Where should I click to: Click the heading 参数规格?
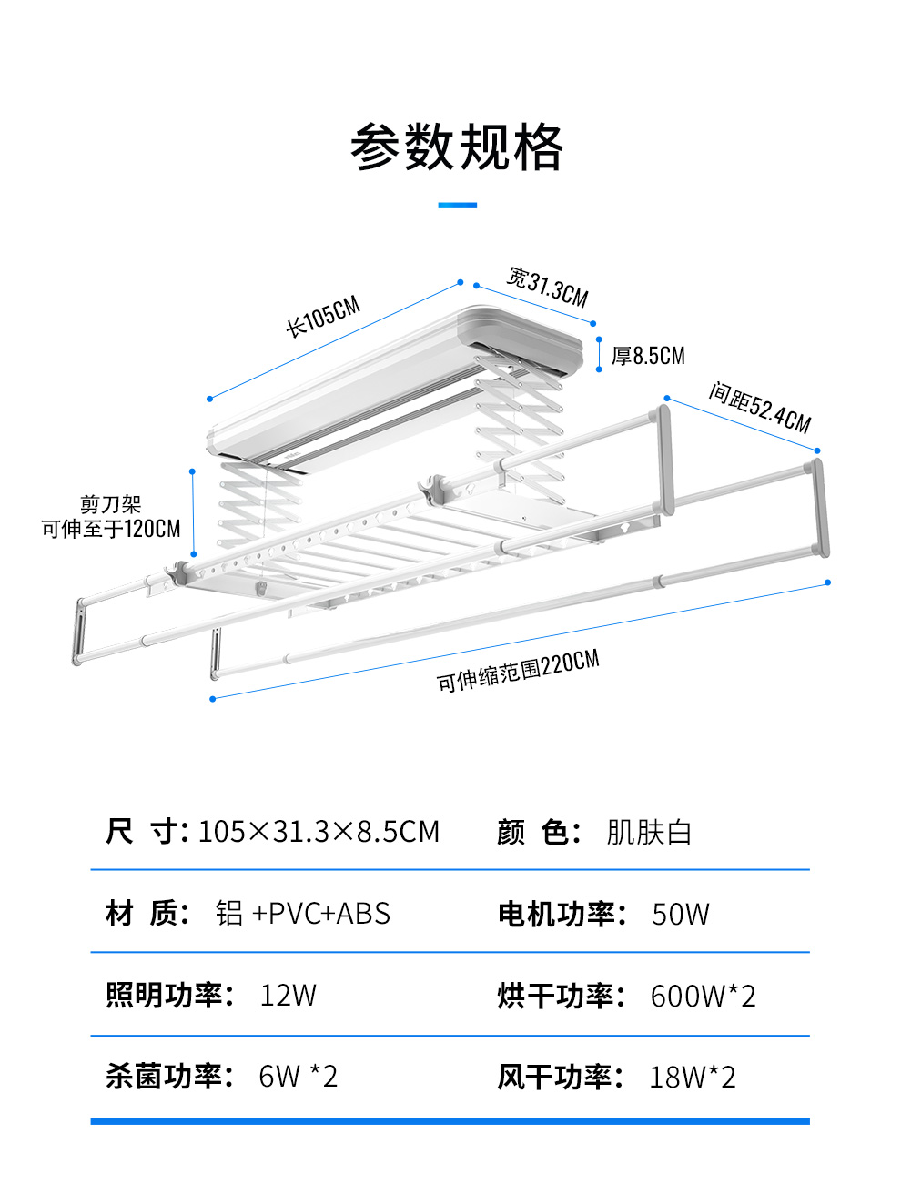[457, 147]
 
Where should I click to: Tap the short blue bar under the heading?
[457, 206]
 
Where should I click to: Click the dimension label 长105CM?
[323, 316]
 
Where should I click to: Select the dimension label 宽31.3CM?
[548, 287]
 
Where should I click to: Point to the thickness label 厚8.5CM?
[648, 356]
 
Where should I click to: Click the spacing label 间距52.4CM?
[760, 408]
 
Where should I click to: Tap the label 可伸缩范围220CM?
[518, 672]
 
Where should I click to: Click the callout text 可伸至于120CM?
[111, 529]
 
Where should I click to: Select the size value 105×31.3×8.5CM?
[319, 832]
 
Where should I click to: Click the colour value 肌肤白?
[649, 832]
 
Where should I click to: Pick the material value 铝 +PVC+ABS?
[303, 914]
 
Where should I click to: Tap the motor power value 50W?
[680, 914]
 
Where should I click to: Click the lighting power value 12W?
[288, 996]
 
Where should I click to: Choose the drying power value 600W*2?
[703, 996]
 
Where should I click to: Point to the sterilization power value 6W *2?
[298, 1077]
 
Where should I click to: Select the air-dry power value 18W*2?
[692, 1078]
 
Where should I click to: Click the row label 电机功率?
[556, 914]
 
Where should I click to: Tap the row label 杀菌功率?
[164, 1077]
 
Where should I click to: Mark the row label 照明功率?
[164, 996]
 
